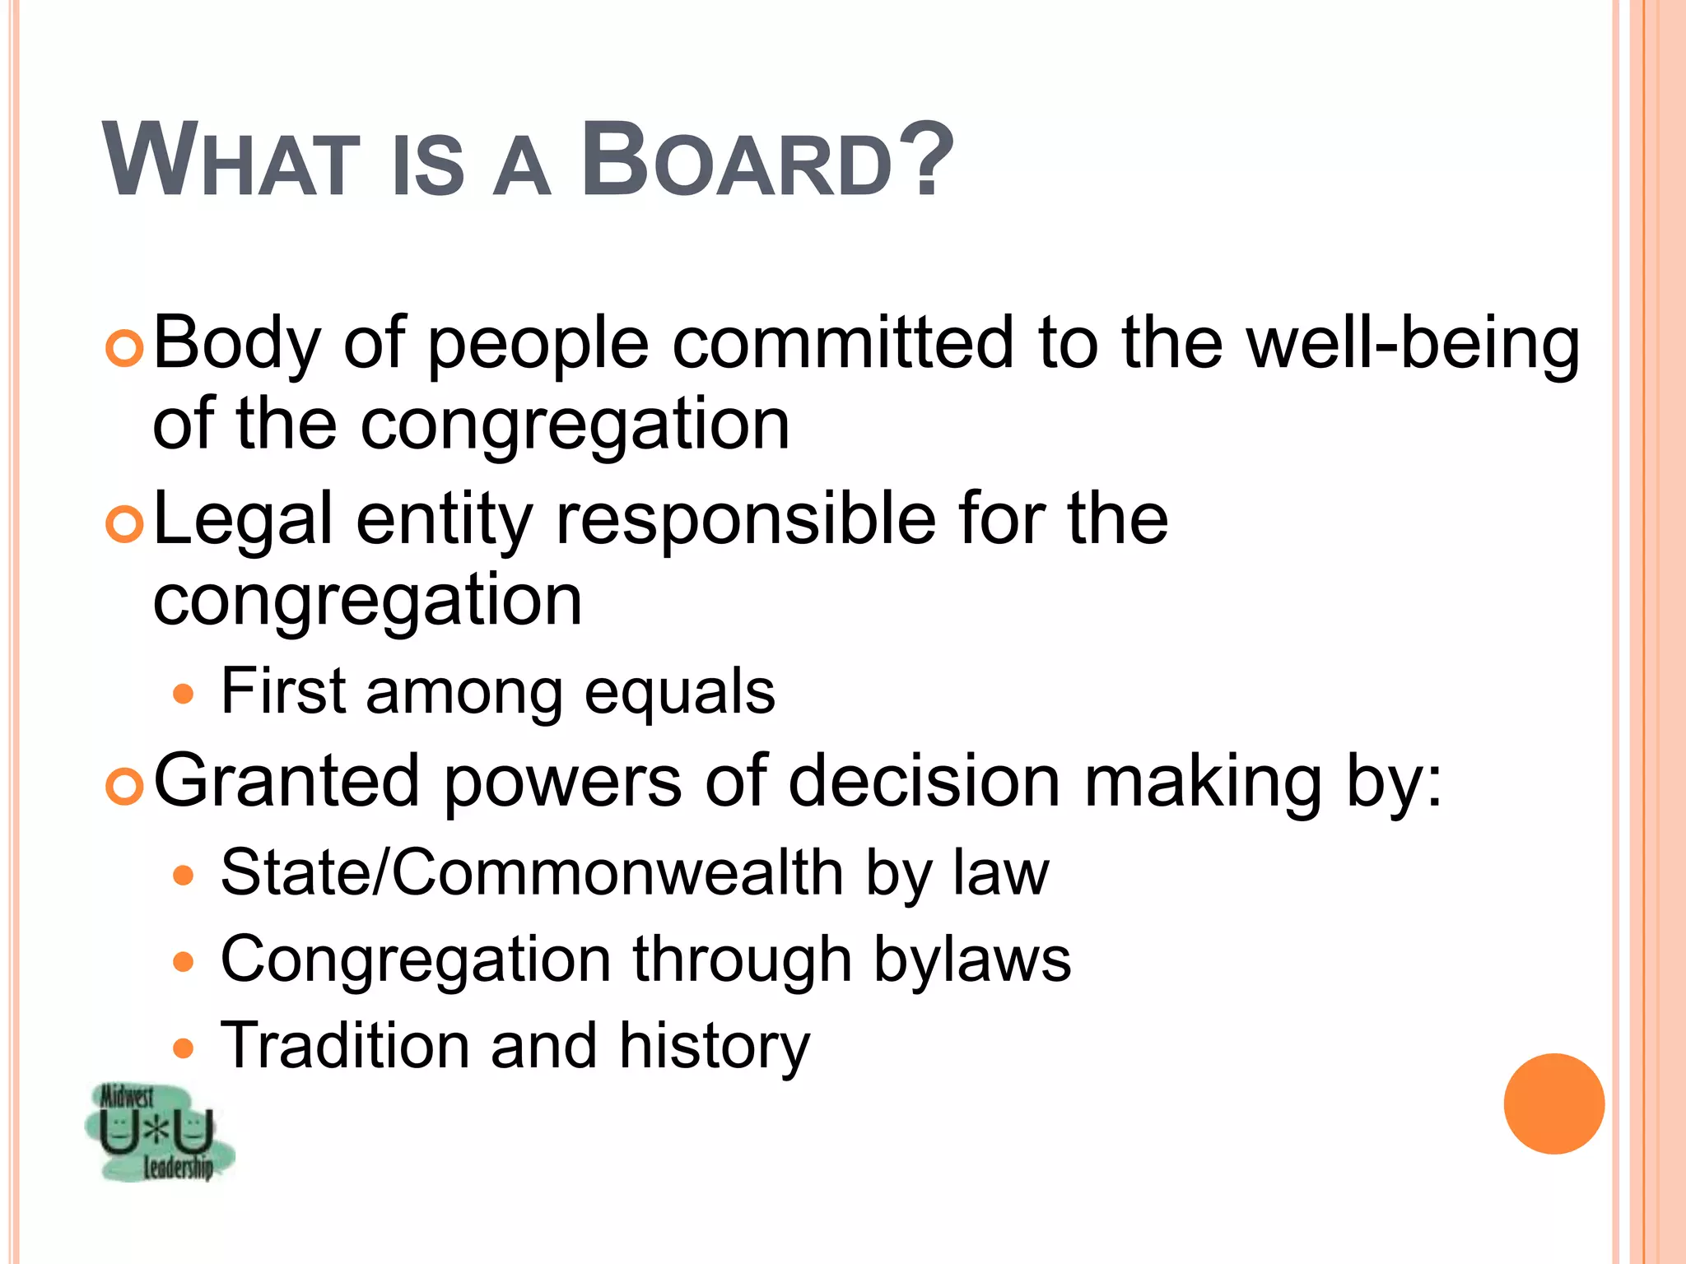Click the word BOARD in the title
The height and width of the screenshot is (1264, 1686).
point(738,160)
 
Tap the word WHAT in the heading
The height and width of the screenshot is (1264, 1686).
point(232,160)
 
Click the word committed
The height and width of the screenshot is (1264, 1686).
point(843,342)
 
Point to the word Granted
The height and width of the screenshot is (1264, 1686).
point(286,781)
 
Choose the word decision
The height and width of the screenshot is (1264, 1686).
point(924,781)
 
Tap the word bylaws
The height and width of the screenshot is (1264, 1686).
point(972,960)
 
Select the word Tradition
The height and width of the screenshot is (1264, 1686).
point(345,1046)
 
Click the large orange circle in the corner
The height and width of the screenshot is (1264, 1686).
point(1553,1104)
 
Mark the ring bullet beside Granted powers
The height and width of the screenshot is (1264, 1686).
point(125,786)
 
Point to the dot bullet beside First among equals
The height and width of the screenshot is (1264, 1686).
point(184,695)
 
